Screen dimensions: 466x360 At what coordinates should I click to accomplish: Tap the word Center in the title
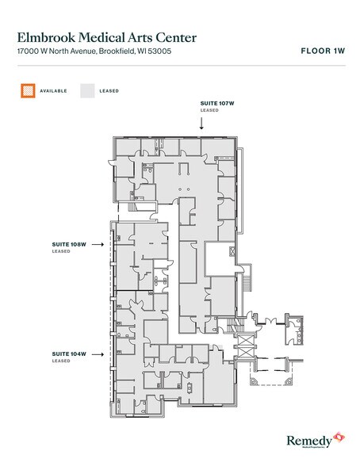[174, 36]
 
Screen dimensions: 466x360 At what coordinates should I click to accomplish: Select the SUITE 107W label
[216, 103]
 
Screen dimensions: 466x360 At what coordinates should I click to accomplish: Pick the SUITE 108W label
[68, 244]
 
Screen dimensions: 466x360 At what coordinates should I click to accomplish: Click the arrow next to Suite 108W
[98, 244]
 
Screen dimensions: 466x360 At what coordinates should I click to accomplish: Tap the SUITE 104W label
[68, 353]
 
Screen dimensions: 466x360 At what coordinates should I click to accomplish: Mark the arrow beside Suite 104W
[98, 353]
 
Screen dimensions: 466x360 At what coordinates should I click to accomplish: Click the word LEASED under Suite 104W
[60, 361]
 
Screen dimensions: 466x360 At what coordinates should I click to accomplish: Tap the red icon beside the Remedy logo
[339, 436]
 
